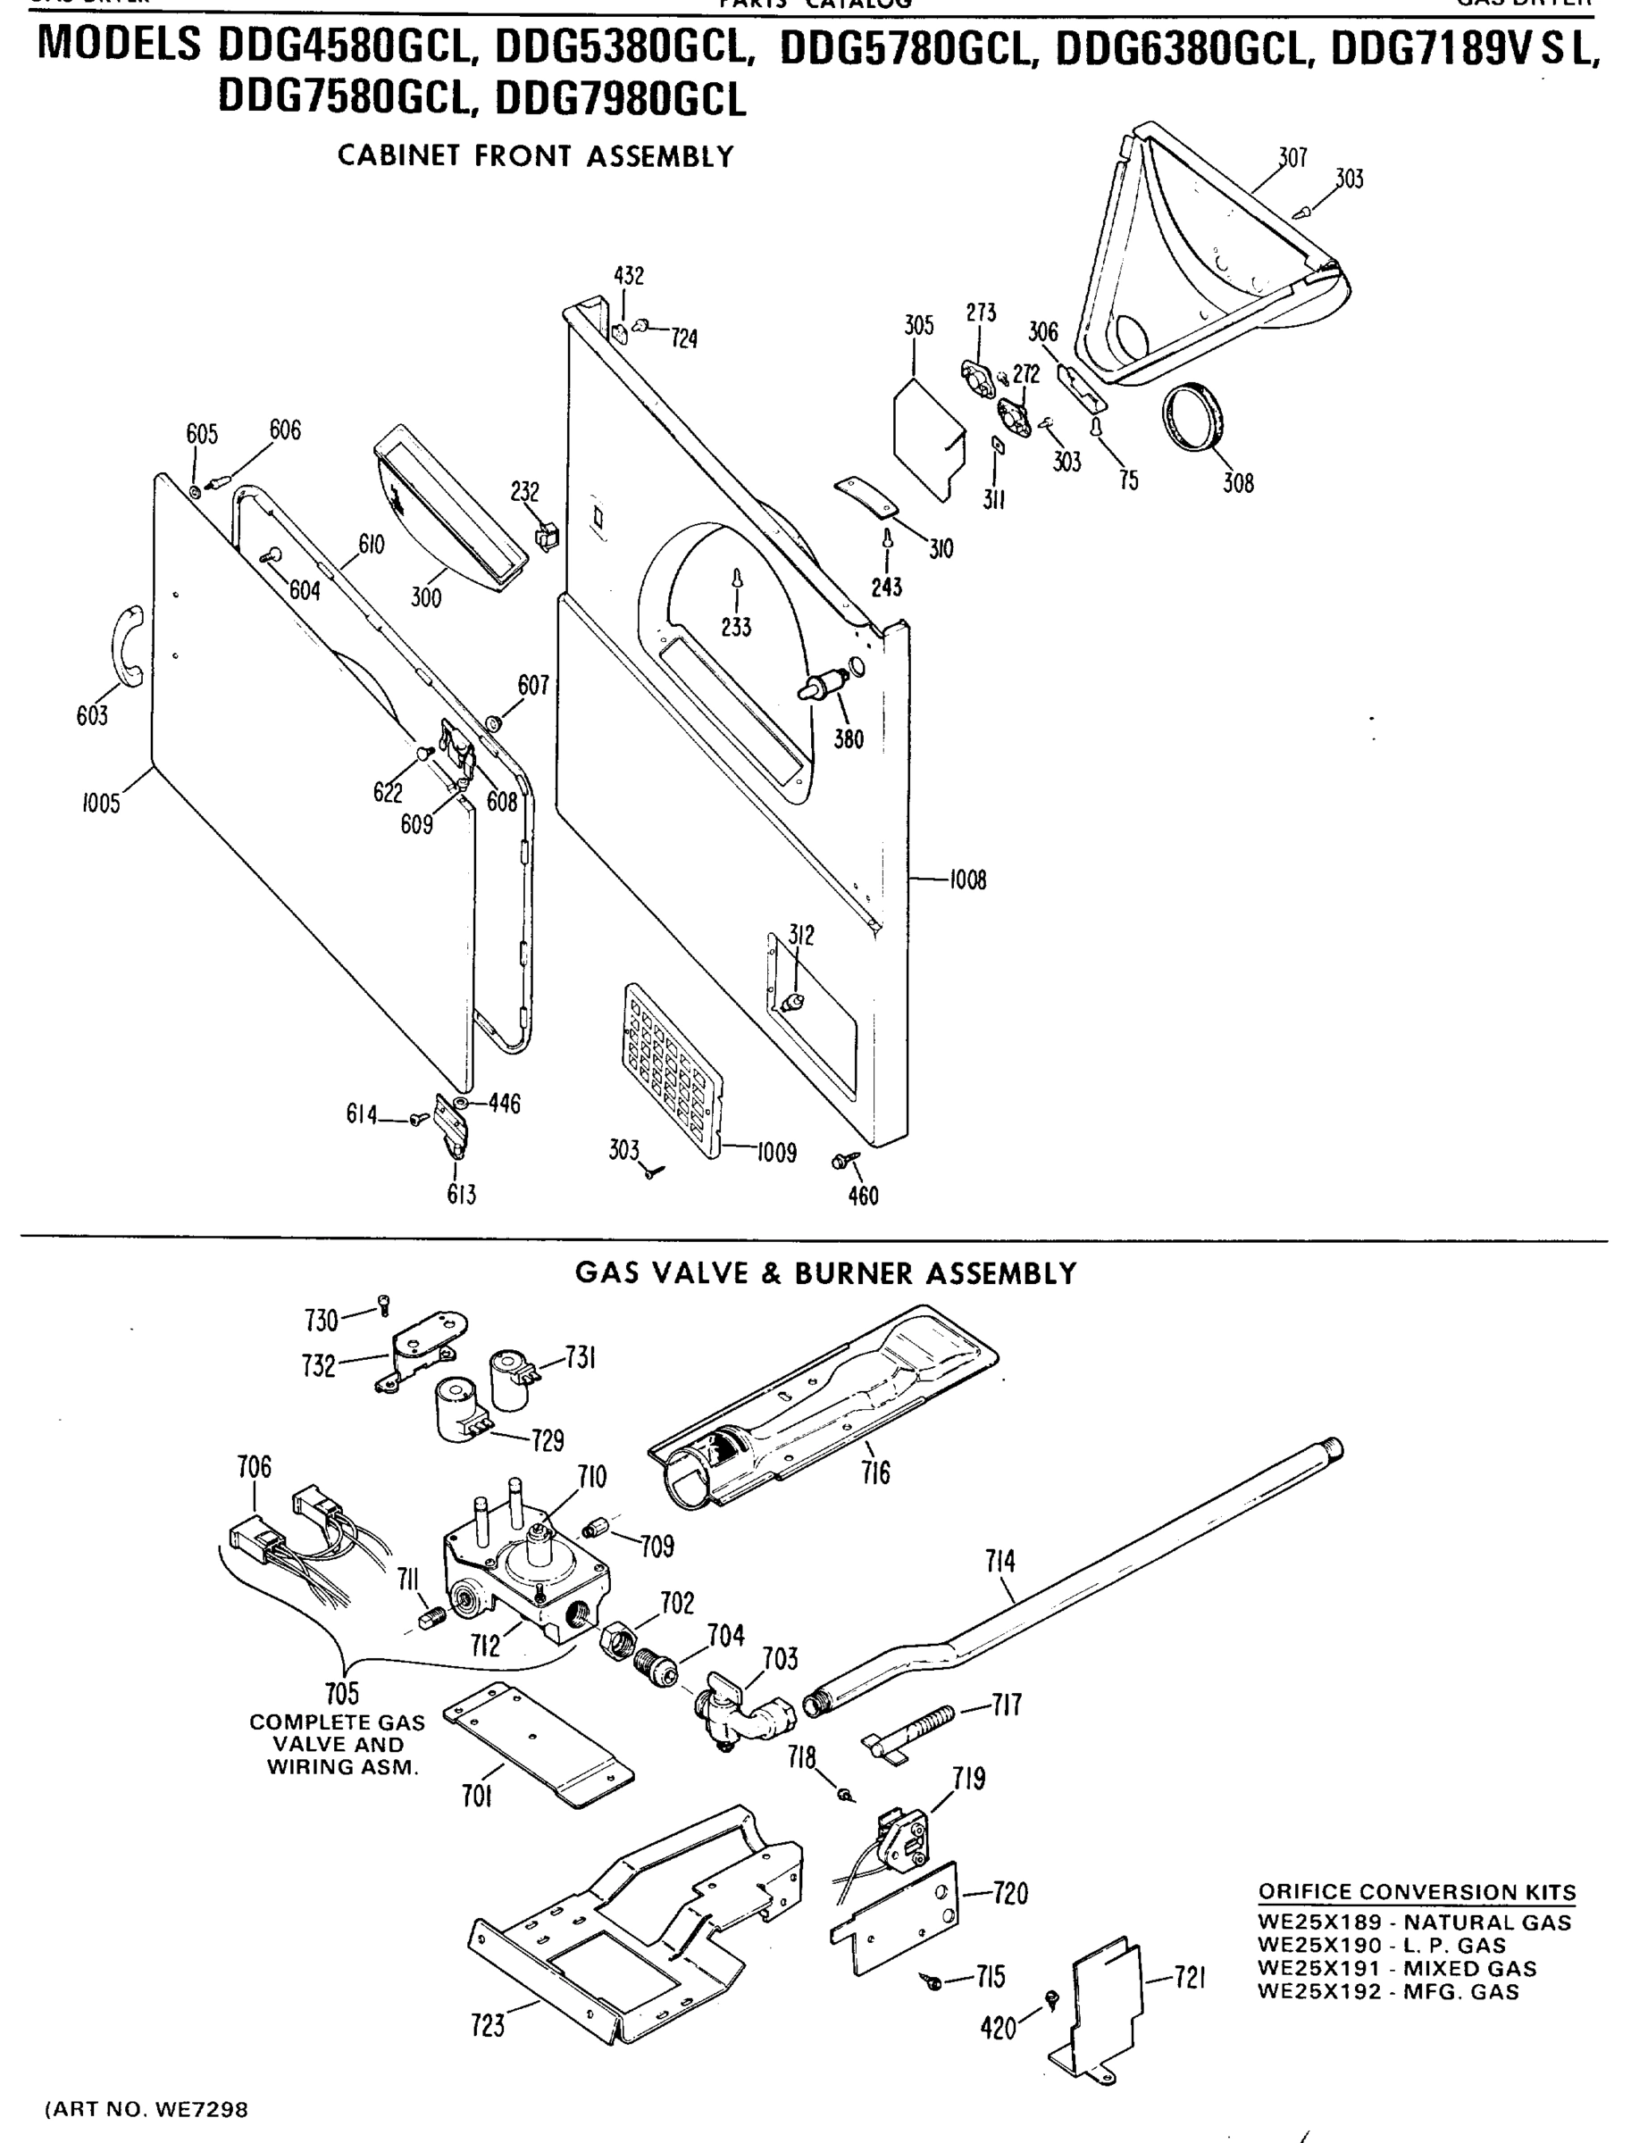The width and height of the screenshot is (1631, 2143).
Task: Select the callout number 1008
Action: [967, 880]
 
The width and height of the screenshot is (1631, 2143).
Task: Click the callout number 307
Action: [1292, 157]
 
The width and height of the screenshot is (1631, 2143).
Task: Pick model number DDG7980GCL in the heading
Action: [621, 100]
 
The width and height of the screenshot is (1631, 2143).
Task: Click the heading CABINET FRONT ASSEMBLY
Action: [535, 156]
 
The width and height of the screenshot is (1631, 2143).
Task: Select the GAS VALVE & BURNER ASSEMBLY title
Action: [825, 1273]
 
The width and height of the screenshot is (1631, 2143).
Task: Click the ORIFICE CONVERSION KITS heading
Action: [1417, 1891]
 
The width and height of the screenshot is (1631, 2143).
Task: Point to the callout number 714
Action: [1000, 1561]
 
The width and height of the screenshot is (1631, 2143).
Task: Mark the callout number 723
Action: [488, 2024]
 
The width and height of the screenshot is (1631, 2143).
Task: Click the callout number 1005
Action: [101, 803]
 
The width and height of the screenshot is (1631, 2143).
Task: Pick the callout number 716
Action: [874, 1473]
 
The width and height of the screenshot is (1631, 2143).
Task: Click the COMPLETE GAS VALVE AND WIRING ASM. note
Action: [337, 1744]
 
